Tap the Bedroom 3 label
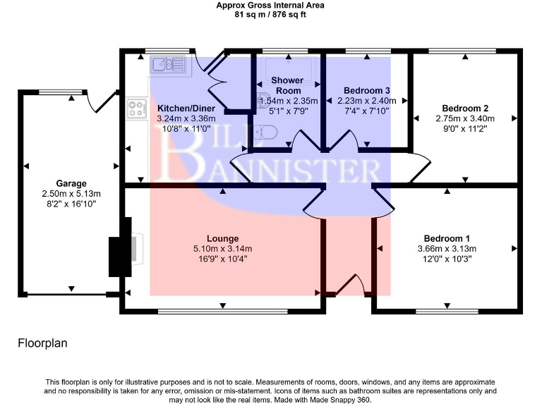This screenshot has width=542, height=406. [x=367, y=91]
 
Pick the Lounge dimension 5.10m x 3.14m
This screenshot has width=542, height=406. [x=223, y=249]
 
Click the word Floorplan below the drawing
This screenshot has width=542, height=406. [x=42, y=343]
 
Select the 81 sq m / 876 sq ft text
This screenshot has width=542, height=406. [x=270, y=14]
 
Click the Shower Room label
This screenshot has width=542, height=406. [x=288, y=85]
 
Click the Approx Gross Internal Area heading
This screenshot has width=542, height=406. [x=270, y=5]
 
